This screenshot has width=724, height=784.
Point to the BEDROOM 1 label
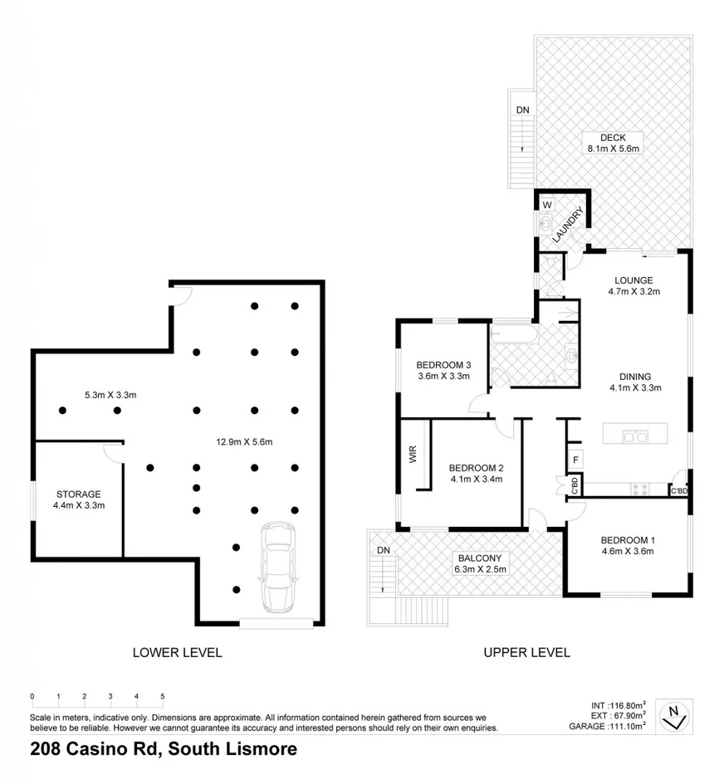628,541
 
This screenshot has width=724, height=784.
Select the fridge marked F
574,459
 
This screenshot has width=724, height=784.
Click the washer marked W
546,204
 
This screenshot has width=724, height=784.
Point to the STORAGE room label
79,494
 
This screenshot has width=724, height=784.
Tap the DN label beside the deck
522,109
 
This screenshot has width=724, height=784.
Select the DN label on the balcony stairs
383,550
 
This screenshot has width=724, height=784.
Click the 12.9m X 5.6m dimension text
240,441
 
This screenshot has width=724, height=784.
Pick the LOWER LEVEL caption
177,652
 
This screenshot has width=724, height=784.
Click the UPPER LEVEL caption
526,652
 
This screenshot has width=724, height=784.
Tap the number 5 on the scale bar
163,696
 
